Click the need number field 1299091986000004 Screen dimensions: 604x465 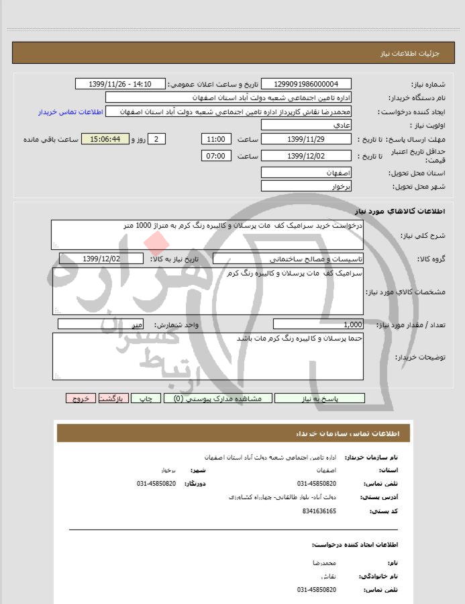(306, 84)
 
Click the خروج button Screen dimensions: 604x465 (81, 398)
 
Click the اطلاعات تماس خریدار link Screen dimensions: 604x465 (69, 112)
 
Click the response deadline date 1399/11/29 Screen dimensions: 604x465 (306, 139)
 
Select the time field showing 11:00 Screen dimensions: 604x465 (216, 139)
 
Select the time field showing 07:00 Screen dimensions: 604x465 (216, 156)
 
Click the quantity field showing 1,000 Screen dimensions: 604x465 (319, 324)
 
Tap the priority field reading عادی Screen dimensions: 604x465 (306, 126)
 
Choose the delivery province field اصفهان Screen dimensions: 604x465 (306, 173)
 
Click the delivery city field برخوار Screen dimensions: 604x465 (306, 185)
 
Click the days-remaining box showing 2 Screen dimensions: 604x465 (156, 139)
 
